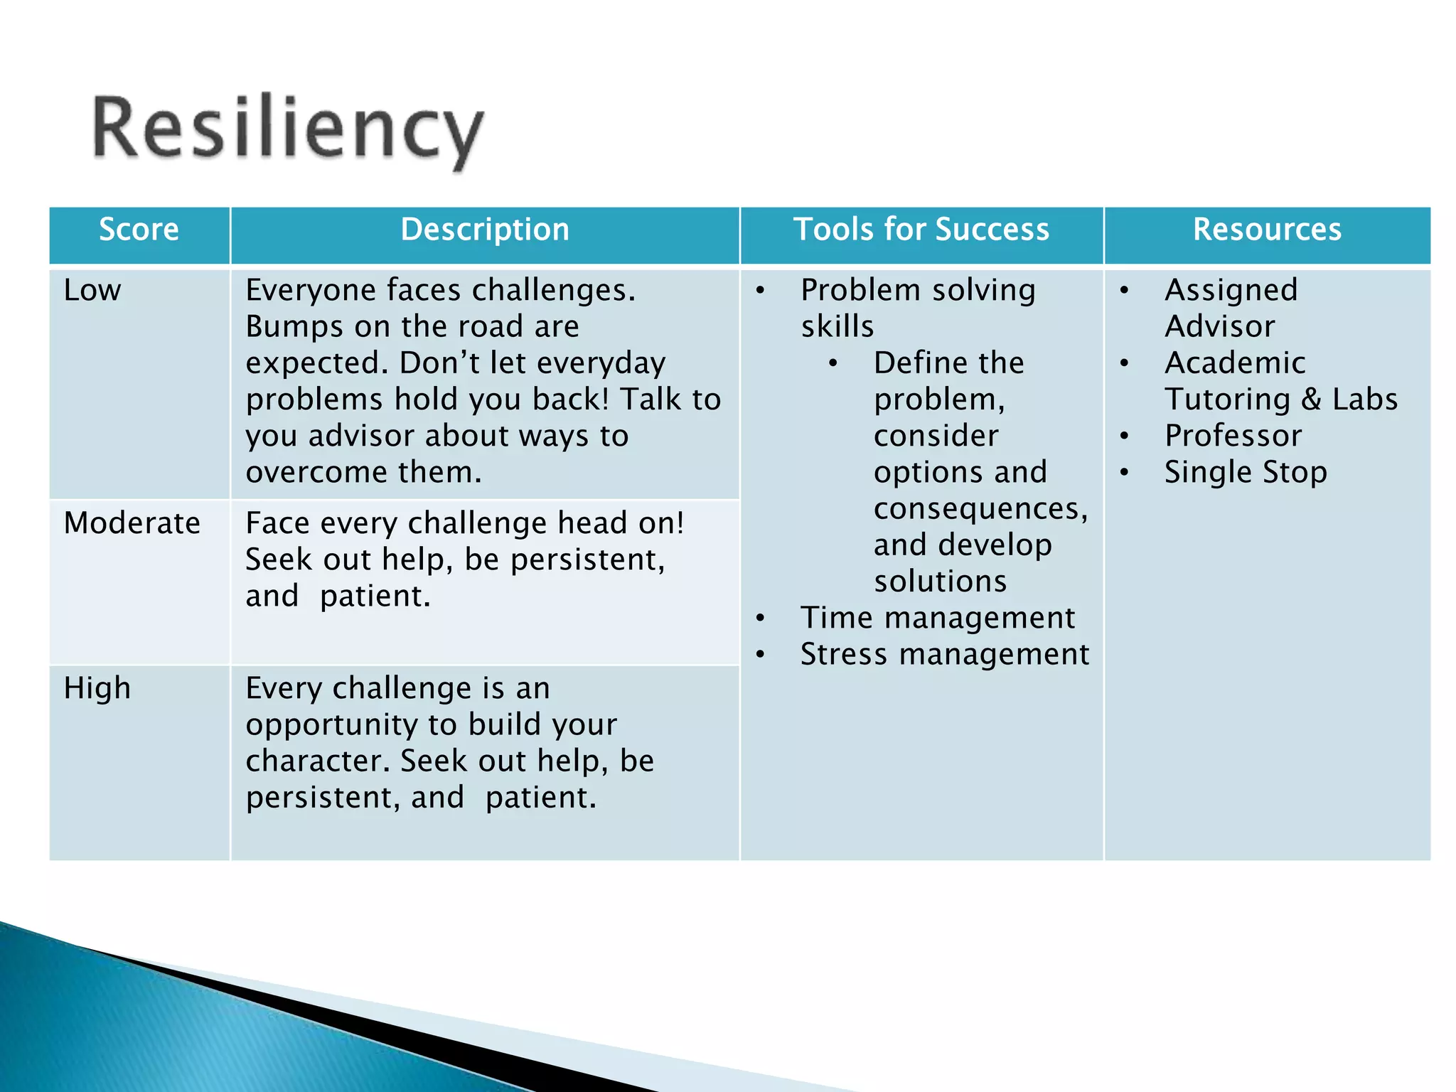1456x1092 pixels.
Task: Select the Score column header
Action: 139,230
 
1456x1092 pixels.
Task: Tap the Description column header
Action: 485,230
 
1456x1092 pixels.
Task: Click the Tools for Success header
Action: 921,230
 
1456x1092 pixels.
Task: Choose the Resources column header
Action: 1267,230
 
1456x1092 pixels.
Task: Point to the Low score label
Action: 92,290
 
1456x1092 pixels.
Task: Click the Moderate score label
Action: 132,523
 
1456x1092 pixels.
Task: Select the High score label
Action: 97,688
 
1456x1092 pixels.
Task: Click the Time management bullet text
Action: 938,618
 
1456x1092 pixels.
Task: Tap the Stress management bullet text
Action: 945,654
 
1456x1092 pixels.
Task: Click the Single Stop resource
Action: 1246,473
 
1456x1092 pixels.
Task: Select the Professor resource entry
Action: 1233,436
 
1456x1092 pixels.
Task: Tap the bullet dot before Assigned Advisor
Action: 1124,290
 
